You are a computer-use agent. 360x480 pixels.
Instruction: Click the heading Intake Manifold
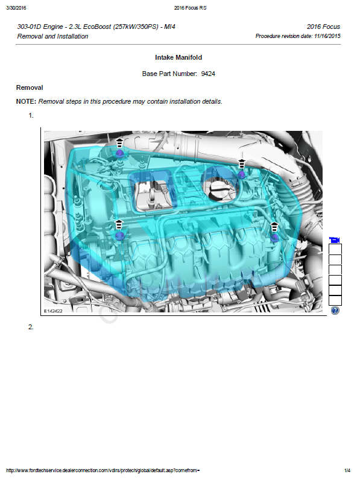(178, 57)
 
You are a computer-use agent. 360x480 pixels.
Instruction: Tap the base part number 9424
(208, 74)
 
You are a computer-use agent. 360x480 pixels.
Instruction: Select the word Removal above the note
(30, 87)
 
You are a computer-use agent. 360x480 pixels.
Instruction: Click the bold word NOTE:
(27, 101)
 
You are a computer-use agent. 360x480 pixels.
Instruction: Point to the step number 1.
(31, 115)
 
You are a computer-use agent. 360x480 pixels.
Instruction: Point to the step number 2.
(31, 327)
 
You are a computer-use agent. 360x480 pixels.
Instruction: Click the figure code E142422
(53, 311)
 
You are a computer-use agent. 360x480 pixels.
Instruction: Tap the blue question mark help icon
(335, 311)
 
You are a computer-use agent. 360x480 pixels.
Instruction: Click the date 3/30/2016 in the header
(16, 8)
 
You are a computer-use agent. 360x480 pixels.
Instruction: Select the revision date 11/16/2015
(327, 36)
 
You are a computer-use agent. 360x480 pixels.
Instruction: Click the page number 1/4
(347, 470)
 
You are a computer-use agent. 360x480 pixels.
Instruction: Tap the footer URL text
(103, 470)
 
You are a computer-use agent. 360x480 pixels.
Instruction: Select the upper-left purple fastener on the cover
(119, 153)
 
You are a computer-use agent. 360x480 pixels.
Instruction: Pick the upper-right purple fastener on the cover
(242, 175)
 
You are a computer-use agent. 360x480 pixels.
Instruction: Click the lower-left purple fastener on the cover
(119, 235)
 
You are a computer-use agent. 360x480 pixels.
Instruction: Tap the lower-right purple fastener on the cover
(274, 238)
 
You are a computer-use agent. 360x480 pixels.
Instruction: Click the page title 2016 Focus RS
(191, 8)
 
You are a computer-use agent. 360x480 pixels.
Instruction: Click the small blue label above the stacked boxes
(335, 241)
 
